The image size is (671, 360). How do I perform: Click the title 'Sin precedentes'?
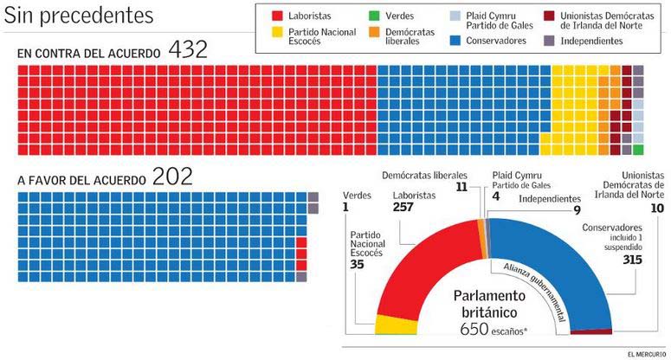80,15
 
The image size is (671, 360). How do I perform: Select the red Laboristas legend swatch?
278,16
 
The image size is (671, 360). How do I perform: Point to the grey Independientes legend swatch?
550,40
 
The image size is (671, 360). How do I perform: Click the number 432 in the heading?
188,50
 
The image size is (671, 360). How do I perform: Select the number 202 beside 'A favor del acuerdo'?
172,177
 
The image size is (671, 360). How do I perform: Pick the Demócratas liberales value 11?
461,186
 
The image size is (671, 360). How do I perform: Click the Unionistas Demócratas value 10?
656,209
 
